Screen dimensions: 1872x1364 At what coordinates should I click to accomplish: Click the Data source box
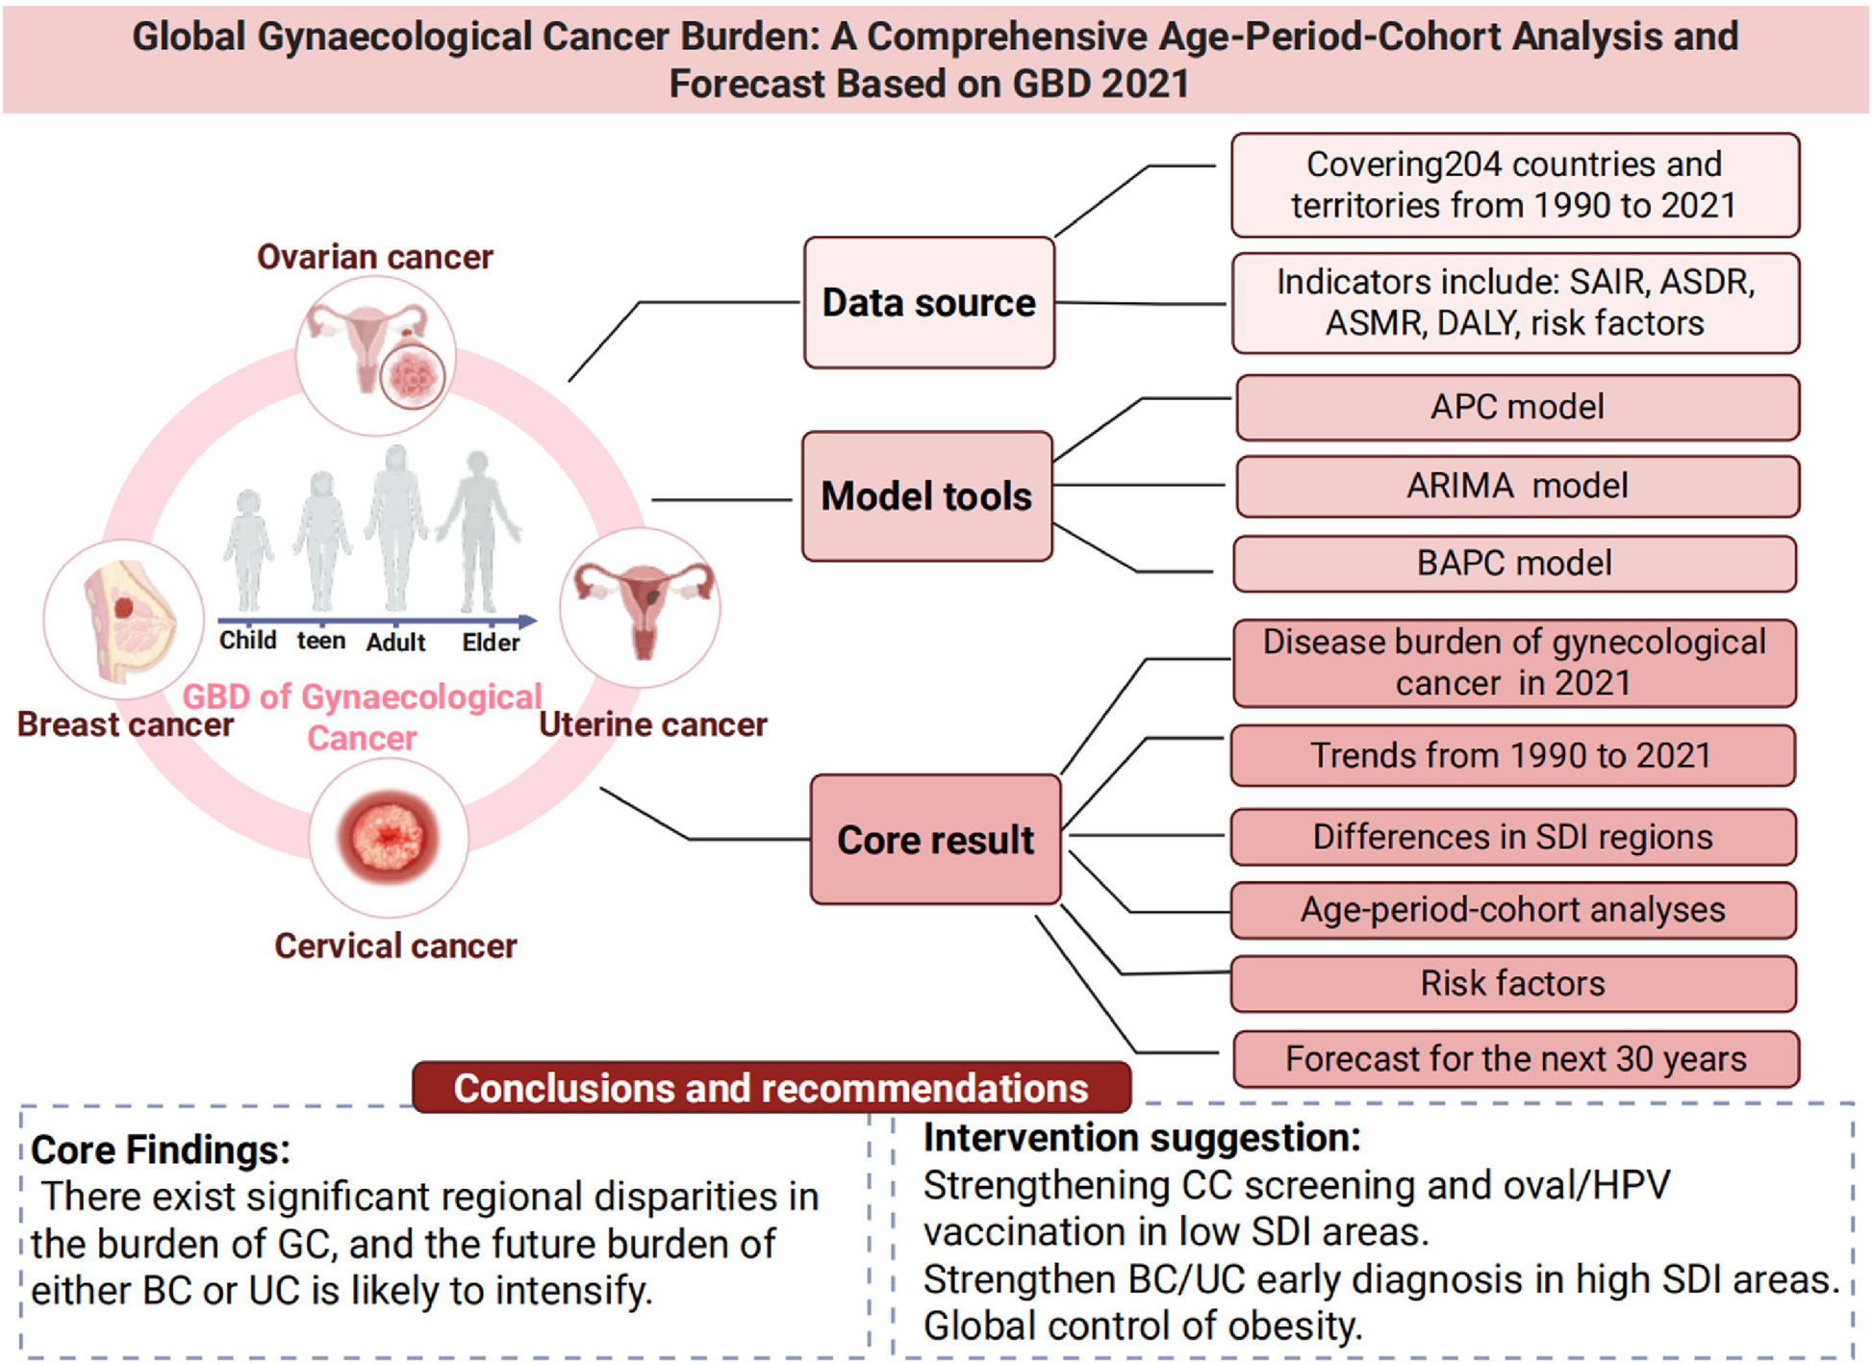[929, 303]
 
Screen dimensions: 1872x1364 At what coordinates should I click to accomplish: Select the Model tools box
[927, 496]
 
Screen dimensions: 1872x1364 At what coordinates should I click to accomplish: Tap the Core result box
[936, 840]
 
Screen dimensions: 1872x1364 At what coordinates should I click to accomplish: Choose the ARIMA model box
[1517, 486]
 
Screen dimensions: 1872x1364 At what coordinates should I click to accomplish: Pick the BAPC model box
[1515, 564]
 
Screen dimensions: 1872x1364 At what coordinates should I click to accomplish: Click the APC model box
[1517, 408]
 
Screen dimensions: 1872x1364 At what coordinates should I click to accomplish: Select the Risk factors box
[1513, 983]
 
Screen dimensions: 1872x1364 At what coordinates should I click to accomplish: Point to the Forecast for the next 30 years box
[1516, 1059]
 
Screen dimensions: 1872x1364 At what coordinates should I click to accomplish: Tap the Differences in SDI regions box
[1513, 837]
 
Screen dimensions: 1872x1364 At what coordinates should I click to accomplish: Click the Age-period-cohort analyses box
[1513, 910]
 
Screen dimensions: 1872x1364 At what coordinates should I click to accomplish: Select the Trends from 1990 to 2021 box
[1512, 756]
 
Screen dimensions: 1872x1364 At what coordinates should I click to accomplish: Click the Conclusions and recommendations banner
[772, 1088]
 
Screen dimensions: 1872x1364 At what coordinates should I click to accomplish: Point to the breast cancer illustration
[125, 620]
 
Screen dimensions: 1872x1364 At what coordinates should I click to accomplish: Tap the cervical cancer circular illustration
[389, 837]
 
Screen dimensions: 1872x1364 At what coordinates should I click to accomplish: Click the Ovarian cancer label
[375, 257]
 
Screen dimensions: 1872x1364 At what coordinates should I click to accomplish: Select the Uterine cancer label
[653, 724]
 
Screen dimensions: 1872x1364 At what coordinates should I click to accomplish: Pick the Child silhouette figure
[248, 551]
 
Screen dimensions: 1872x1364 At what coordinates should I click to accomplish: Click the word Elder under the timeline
[491, 643]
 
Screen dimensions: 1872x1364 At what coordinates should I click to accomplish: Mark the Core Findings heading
[161, 1150]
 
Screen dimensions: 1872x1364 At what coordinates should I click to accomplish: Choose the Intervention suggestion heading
[1142, 1139]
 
